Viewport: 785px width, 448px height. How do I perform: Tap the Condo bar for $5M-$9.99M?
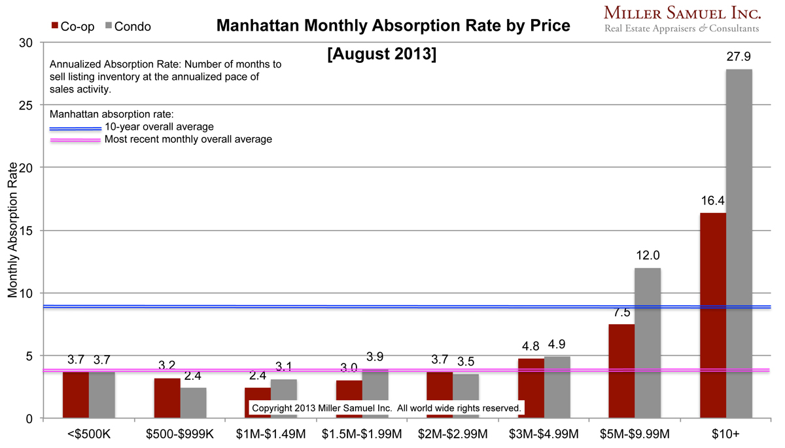648,343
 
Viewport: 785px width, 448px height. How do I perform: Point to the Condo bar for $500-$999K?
193,403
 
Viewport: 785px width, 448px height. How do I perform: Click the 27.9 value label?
739,58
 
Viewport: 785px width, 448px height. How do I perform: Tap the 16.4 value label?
712,202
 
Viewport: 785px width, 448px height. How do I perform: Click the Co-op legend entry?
73,27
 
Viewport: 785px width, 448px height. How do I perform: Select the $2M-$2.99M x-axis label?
440,434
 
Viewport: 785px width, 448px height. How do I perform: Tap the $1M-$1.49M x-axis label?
258,434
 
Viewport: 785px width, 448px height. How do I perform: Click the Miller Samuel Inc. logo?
680,18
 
